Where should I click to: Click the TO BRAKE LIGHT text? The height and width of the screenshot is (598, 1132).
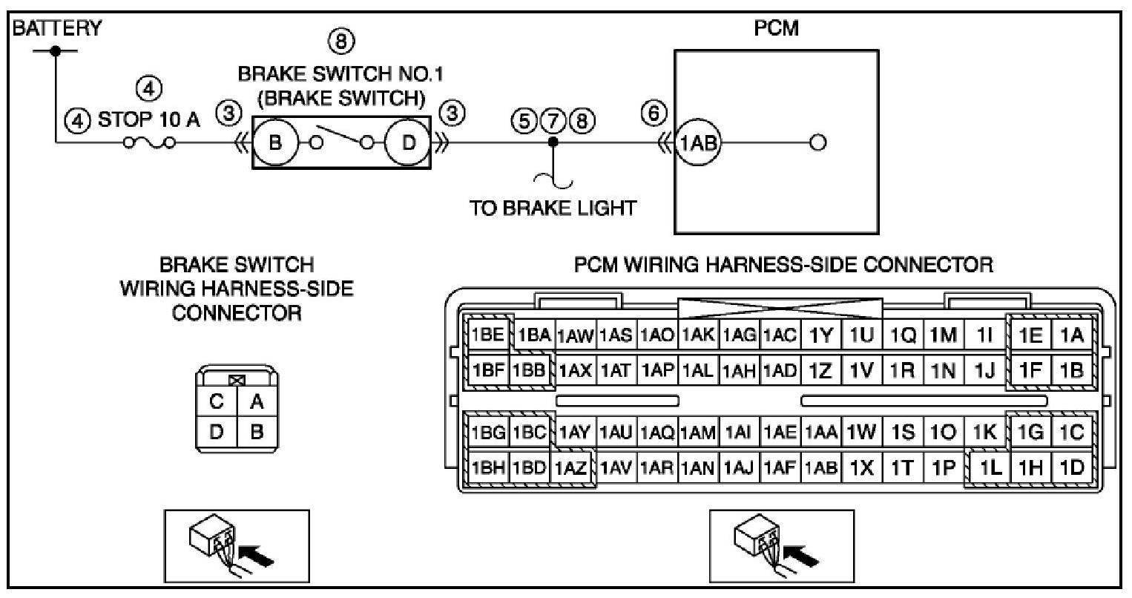click(552, 208)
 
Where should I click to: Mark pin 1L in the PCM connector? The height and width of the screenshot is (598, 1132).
click(990, 468)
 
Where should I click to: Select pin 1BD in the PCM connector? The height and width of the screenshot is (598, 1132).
click(530, 468)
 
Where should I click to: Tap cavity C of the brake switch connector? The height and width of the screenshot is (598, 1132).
click(217, 402)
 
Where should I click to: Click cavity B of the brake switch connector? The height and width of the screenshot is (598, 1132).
click(257, 431)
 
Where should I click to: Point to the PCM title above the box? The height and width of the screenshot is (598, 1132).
click(775, 30)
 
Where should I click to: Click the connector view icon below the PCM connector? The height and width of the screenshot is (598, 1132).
click(781, 545)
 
